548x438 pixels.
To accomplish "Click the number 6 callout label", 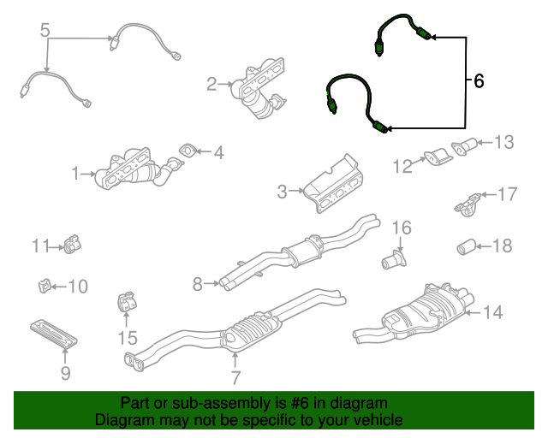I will tap(479, 81).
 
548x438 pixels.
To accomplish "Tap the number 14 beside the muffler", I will tap(492, 312).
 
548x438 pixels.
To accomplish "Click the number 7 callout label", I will tap(235, 376).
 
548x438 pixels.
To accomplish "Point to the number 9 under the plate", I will tap(65, 372).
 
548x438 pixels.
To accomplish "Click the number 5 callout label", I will tap(46, 32).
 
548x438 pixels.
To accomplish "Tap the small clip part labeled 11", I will tap(71, 246).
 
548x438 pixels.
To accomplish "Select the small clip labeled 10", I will tap(43, 285).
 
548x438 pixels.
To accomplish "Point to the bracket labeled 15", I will tap(126, 304).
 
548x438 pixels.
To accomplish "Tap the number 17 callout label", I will tap(508, 194).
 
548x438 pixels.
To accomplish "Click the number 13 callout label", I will tap(504, 141).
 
